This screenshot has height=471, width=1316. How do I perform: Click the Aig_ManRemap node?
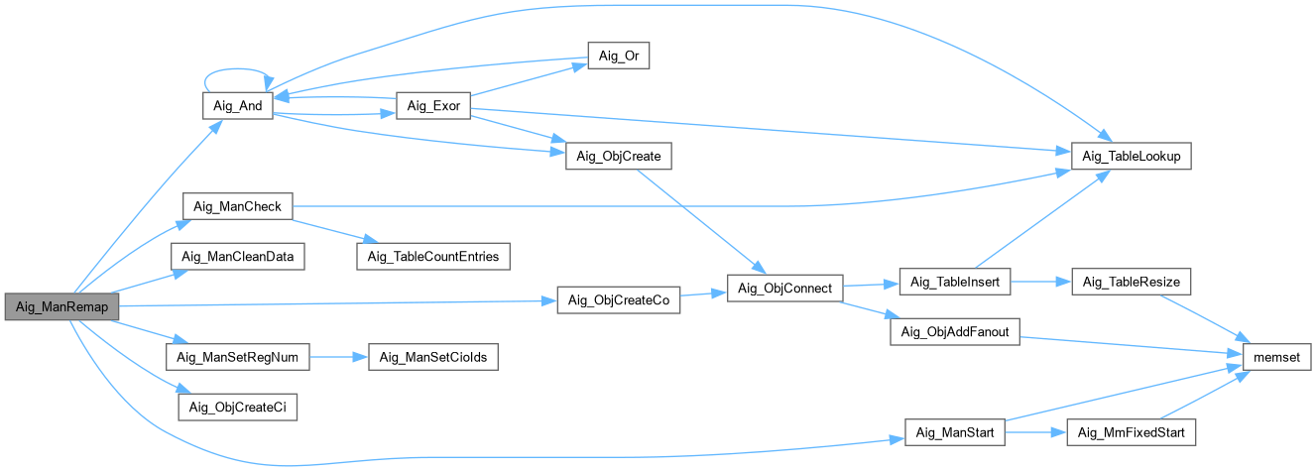coord(61,307)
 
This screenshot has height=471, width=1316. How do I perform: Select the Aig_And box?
coord(237,106)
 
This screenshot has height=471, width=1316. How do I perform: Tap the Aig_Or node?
coord(618,56)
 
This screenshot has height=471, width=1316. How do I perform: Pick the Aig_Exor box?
coord(433,106)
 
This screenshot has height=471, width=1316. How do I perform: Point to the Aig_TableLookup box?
coord(1131,157)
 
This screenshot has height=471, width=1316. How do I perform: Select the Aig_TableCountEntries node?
coord(433,256)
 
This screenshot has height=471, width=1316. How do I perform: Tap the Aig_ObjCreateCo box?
coord(619,300)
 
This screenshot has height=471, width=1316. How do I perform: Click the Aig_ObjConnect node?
coord(784,289)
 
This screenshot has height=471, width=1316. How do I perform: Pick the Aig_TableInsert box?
coord(954,283)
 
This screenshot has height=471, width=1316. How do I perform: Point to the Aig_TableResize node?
coord(1131,283)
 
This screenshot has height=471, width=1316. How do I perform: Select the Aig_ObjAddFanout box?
coord(954,332)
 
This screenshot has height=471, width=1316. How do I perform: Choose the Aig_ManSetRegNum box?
coord(237,356)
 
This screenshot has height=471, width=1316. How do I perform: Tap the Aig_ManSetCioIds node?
coord(433,357)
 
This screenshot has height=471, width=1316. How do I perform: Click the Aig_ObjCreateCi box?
coord(237,407)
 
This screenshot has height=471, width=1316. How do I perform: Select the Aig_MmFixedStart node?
coord(1131,432)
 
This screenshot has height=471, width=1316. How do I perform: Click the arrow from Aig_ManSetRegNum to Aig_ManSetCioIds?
coord(338,357)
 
